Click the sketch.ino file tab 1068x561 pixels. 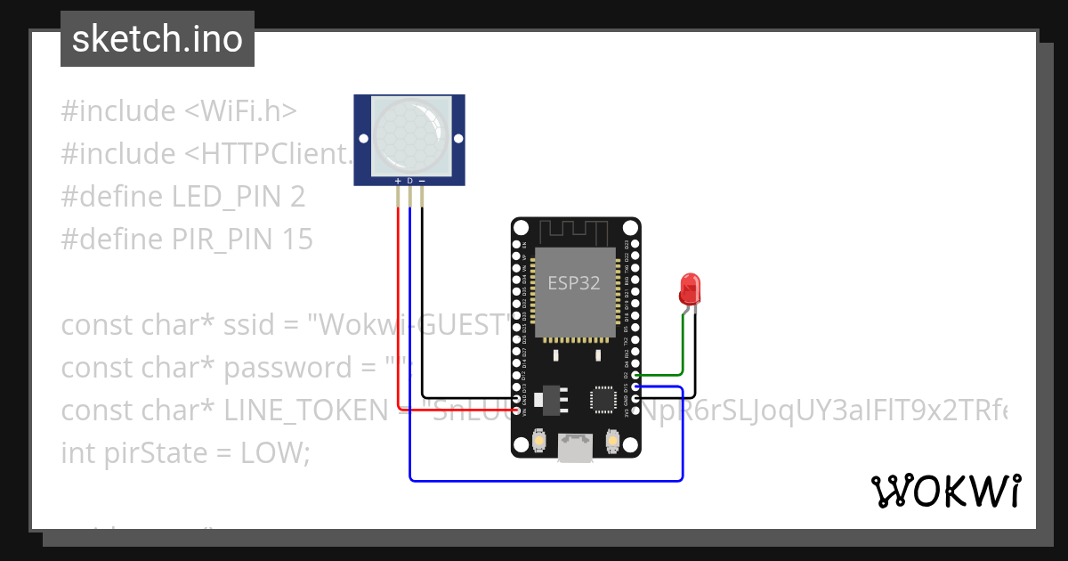pos(157,39)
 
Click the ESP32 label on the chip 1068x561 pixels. pos(573,283)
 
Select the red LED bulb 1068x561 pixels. pos(691,288)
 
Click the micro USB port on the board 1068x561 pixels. pos(576,448)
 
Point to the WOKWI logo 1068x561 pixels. pos(945,491)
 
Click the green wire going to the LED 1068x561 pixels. pos(683,347)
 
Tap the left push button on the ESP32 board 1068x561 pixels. pos(539,440)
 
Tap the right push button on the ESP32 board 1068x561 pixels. pos(612,440)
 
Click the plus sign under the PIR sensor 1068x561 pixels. pos(398,181)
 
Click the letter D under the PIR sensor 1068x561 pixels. pos(409,181)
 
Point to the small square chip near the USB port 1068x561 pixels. pos(604,399)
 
